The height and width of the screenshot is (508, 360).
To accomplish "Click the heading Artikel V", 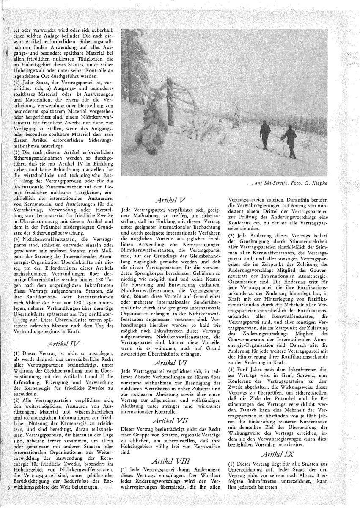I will (x=172, y=199).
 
